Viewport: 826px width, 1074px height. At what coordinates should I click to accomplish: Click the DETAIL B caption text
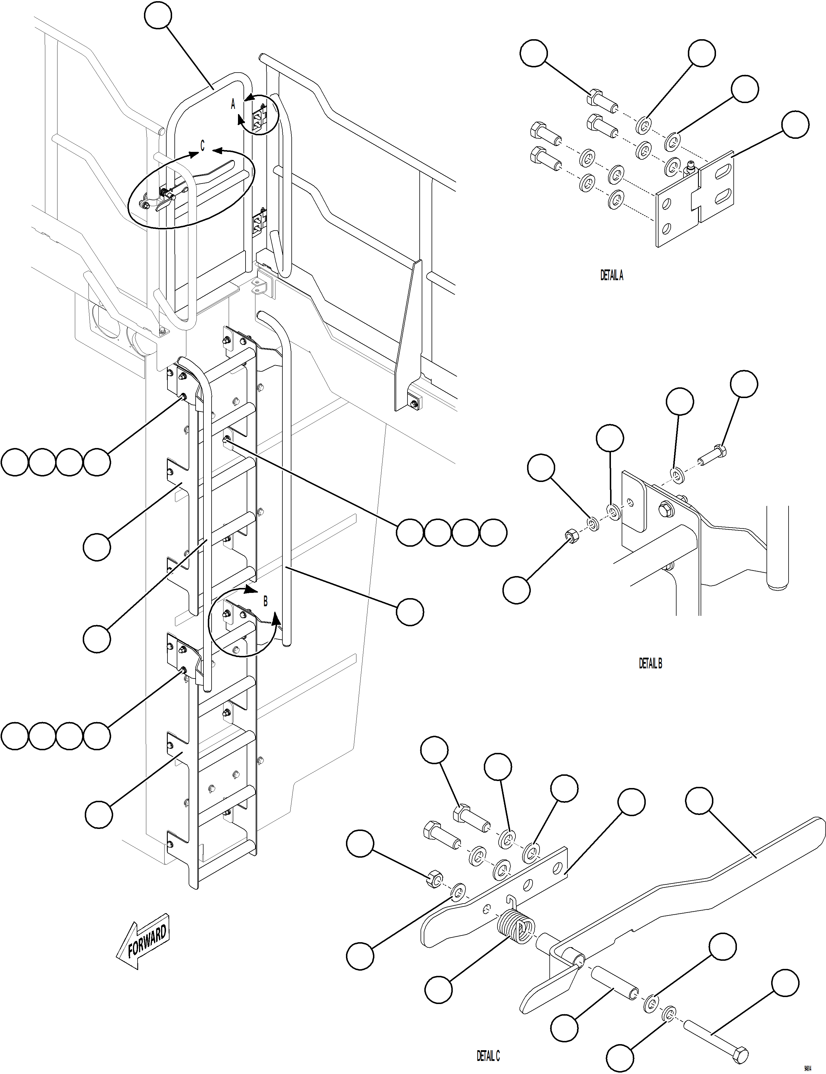point(650,663)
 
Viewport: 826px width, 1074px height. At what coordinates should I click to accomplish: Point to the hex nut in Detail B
point(571,535)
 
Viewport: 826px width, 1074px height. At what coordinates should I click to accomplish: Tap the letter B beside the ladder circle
point(266,601)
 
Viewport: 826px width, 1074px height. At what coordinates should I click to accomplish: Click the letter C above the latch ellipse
point(202,145)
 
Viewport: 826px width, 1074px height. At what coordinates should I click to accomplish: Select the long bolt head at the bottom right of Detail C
point(740,1053)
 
